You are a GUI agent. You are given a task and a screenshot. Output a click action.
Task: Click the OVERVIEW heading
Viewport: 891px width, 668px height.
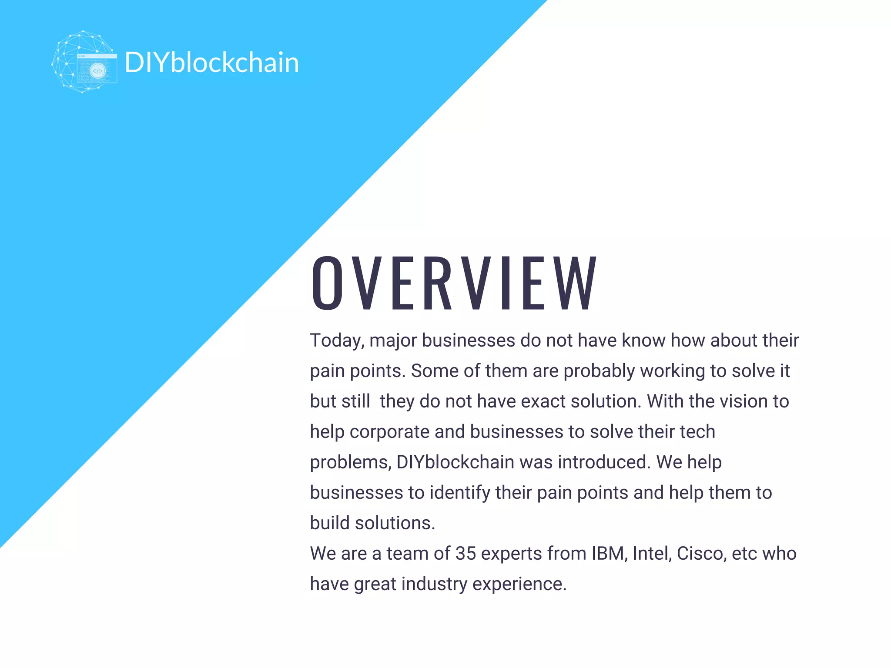pos(454,283)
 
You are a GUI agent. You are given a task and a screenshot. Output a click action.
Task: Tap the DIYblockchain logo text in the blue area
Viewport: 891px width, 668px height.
pos(212,63)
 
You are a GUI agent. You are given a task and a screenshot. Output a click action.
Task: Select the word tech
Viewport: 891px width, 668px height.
pos(697,432)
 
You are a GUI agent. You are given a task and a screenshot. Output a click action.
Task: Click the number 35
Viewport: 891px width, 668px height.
pos(466,554)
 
